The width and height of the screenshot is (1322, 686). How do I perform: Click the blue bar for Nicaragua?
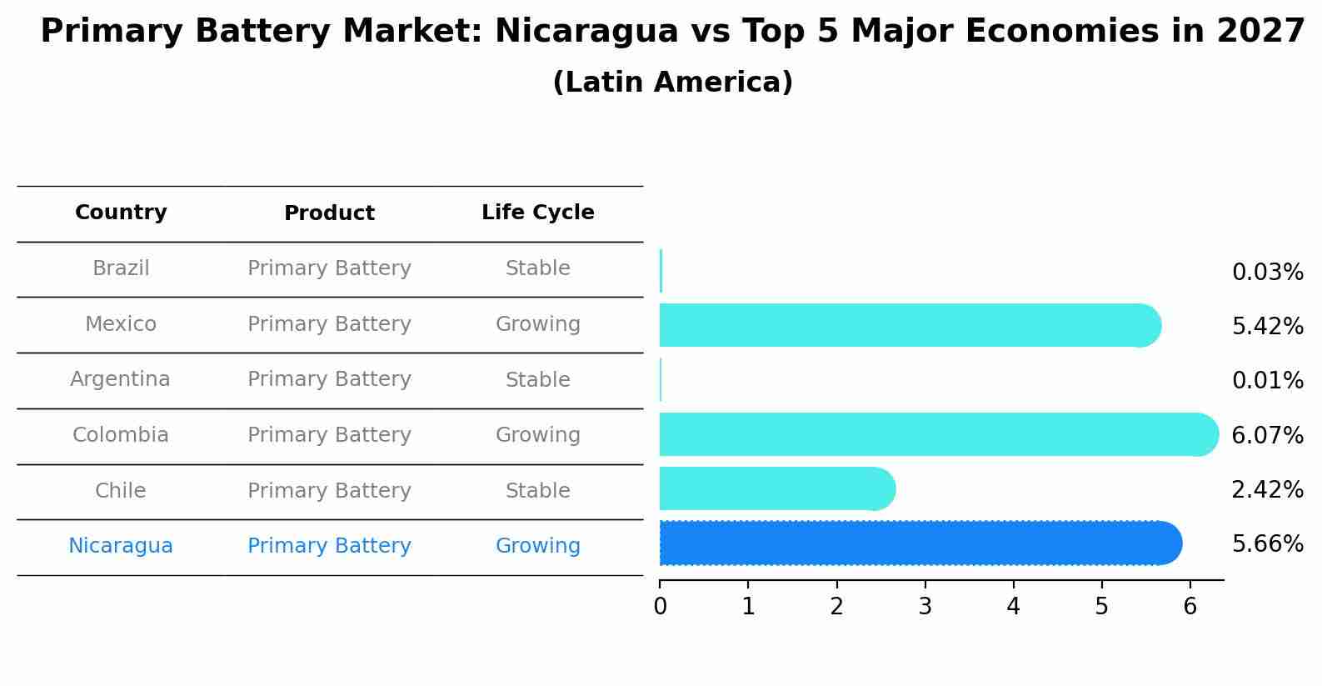pyautogui.click(x=916, y=543)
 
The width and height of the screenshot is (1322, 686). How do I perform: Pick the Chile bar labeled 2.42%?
pyautogui.click(x=775, y=488)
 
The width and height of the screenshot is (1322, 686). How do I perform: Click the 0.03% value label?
pyautogui.click(x=1267, y=273)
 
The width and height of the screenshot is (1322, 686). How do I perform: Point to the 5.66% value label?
pyautogui.click(x=1267, y=544)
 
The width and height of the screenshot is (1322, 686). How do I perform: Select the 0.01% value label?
pyautogui.click(x=1267, y=381)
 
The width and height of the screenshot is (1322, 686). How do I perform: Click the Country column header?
pyautogui.click(x=121, y=213)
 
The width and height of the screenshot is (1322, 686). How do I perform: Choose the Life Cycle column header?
pyautogui.click(x=537, y=213)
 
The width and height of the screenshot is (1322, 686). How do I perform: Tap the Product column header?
pyautogui.click(x=329, y=213)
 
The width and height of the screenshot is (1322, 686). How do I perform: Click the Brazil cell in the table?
pyautogui.click(x=121, y=268)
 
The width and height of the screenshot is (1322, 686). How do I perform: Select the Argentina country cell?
pyautogui.click(x=120, y=379)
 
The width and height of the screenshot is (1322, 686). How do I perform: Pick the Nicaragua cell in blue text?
pyautogui.click(x=121, y=546)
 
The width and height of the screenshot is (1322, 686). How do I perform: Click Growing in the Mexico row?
pyautogui.click(x=537, y=324)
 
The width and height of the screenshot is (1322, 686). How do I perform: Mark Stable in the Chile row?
pyautogui.click(x=537, y=491)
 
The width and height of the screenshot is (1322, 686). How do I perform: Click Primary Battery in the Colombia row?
pyautogui.click(x=329, y=435)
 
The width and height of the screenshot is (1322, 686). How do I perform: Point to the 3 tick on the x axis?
pyautogui.click(x=925, y=607)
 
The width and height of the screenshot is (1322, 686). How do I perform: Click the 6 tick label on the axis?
pyautogui.click(x=1190, y=607)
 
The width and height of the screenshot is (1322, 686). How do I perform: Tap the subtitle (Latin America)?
pyautogui.click(x=672, y=83)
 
